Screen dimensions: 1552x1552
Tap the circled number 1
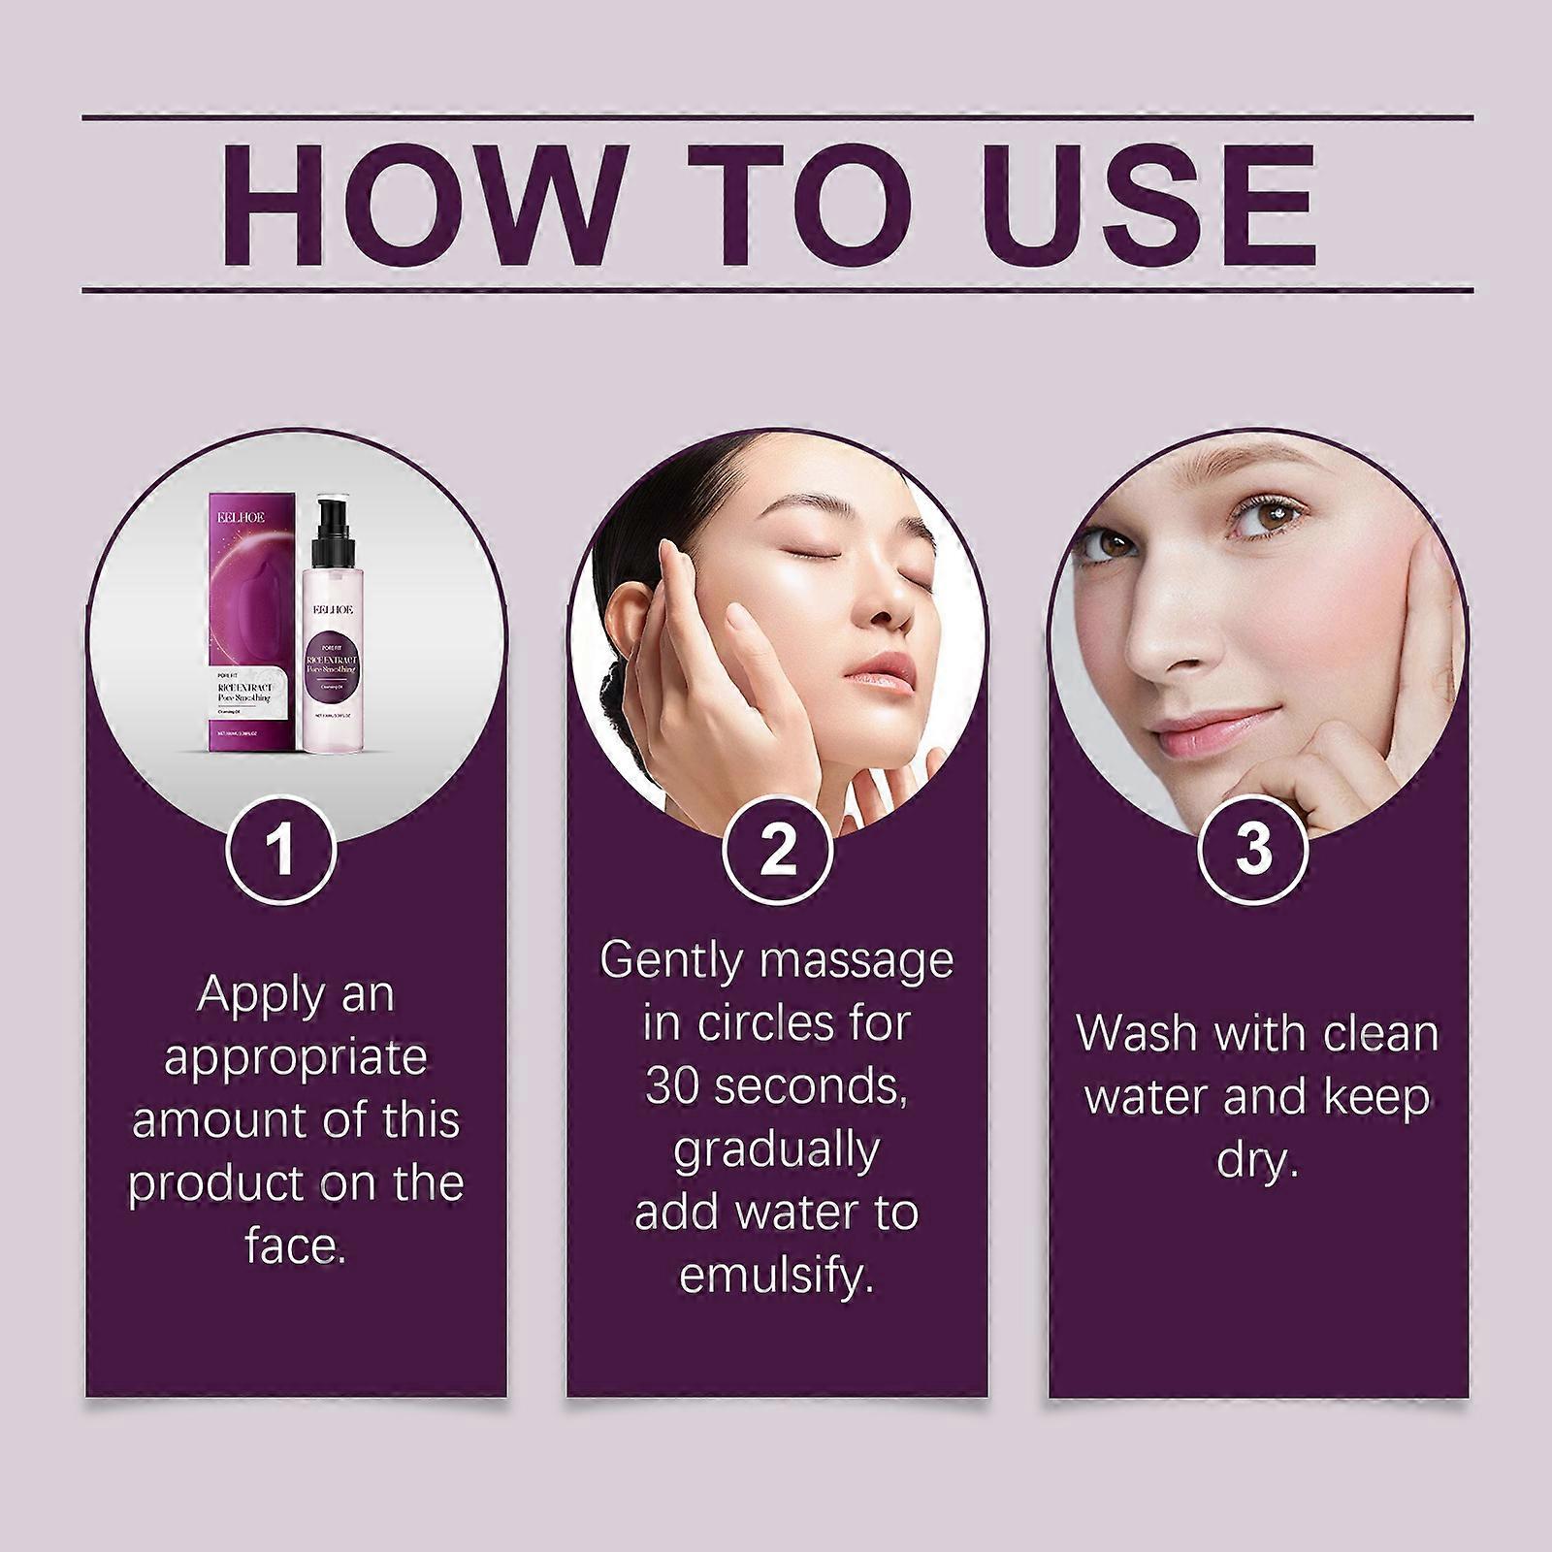(x=281, y=851)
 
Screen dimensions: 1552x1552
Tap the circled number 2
(x=777, y=851)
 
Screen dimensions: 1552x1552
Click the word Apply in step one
(x=248, y=996)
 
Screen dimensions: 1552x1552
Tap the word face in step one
(x=294, y=1246)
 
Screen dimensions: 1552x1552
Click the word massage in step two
(x=857, y=960)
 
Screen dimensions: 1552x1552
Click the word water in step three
(x=1145, y=1098)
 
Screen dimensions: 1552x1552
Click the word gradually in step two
(x=776, y=1150)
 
